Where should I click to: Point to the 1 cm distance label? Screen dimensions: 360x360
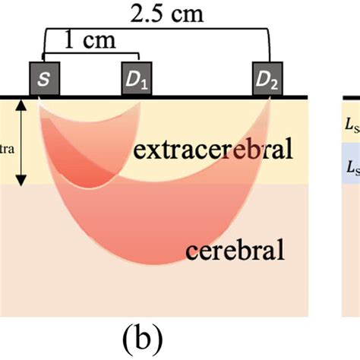tap(90, 42)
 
